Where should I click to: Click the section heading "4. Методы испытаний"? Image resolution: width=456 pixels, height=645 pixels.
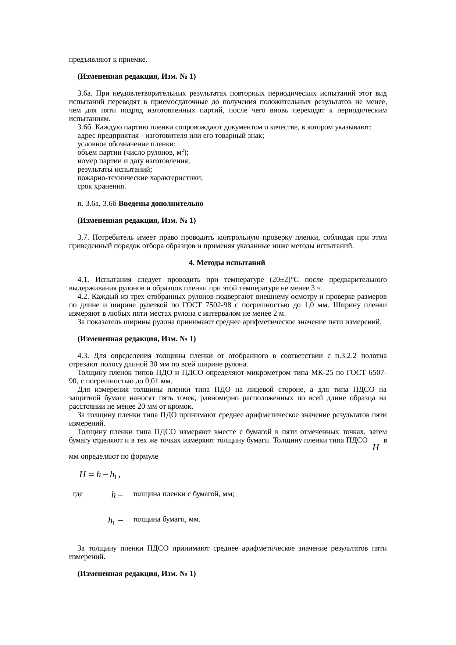point(227,263)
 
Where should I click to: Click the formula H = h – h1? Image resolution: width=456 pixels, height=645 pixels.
point(100,474)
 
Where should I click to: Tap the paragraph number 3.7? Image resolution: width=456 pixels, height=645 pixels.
point(83,237)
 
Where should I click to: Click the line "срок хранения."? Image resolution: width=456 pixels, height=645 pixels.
point(102,186)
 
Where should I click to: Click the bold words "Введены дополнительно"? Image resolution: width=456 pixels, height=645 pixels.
point(161,203)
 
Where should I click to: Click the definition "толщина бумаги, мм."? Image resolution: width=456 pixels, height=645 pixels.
point(166,519)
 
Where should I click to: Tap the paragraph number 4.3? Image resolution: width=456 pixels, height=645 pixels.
point(83,356)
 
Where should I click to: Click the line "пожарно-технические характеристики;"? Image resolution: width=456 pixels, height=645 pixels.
point(141,178)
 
